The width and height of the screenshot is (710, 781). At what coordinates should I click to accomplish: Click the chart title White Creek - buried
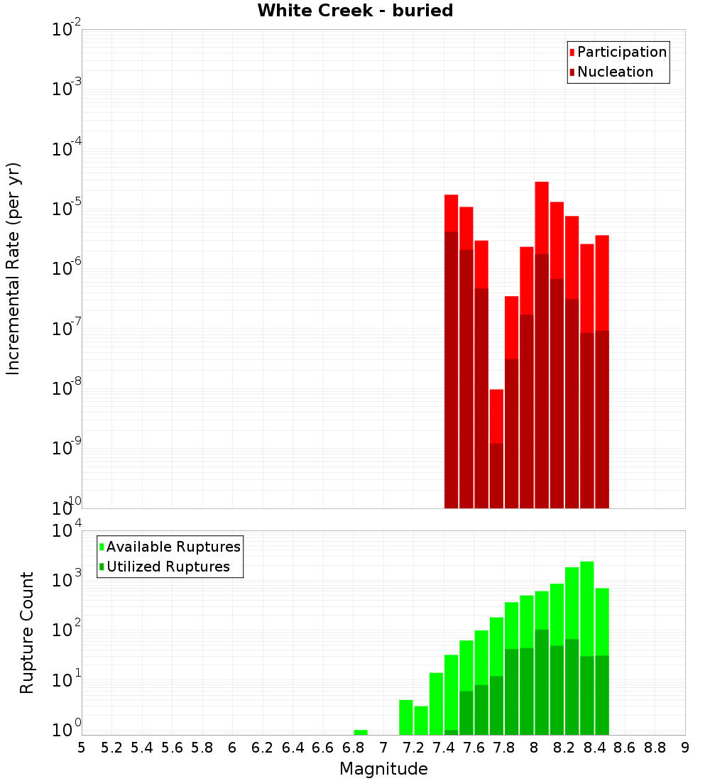[355, 11]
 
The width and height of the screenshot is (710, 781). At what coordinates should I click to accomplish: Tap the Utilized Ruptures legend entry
[168, 567]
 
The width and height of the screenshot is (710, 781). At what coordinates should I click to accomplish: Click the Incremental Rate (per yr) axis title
[13, 268]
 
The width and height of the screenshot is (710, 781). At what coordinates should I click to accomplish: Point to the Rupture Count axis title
[27, 633]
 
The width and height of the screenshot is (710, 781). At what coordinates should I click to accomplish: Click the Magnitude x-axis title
[383, 769]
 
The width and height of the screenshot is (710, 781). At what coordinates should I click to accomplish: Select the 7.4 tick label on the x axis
[444, 748]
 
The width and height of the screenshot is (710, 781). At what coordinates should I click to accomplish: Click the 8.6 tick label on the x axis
[625, 748]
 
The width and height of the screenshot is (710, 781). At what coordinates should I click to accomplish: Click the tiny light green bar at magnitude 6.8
[361, 732]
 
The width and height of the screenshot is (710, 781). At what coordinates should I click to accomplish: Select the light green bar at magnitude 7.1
[406, 717]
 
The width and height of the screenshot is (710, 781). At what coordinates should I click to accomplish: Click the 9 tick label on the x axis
[684, 748]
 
